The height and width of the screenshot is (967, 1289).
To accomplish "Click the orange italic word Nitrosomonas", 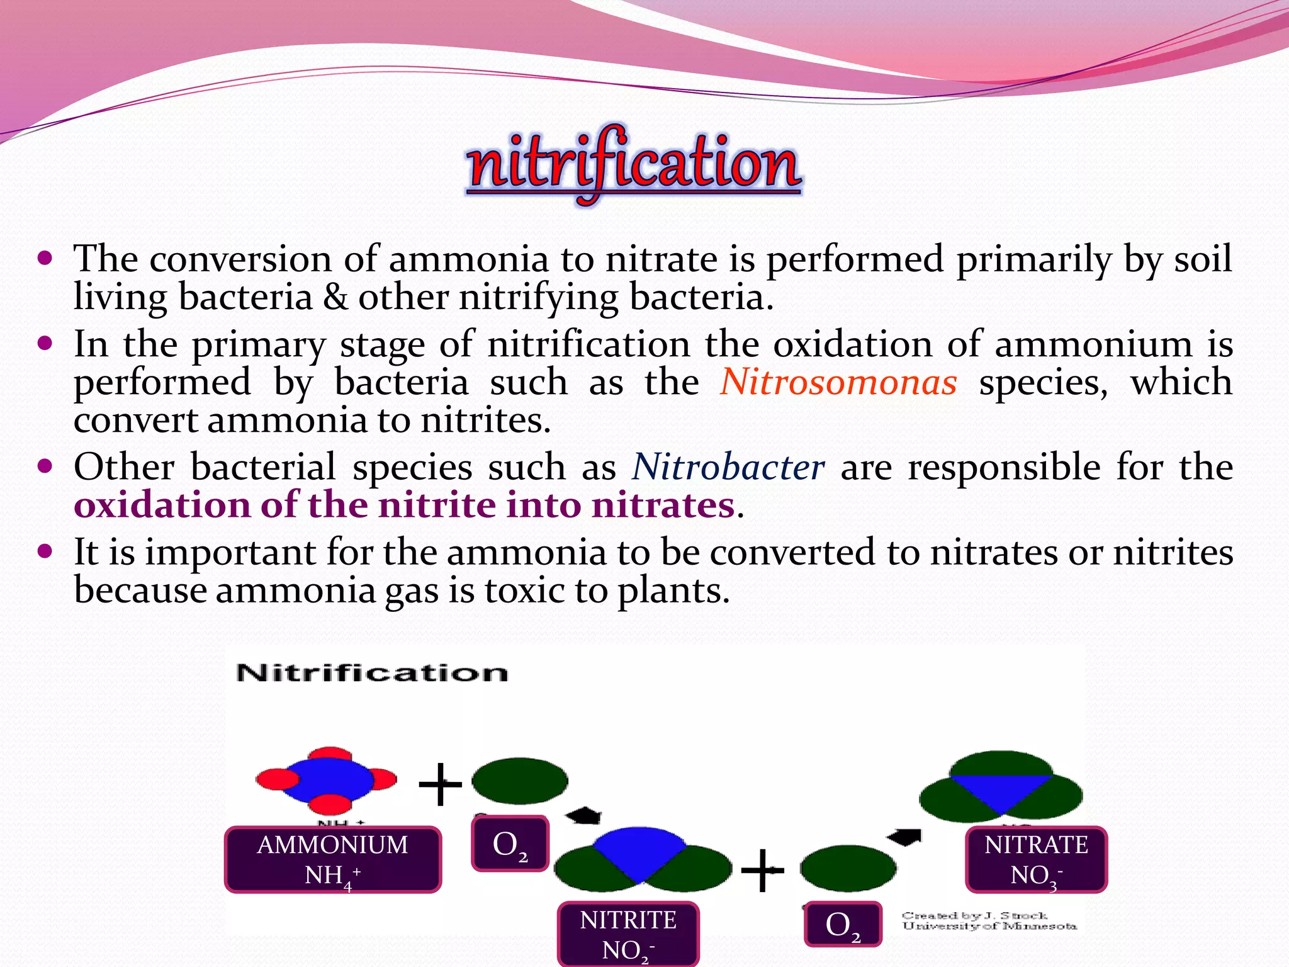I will pyautogui.click(x=838, y=382).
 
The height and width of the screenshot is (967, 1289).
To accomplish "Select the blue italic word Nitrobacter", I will pyautogui.click(x=728, y=467).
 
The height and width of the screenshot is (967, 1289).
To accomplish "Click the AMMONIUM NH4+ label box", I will pyautogui.click(x=333, y=859).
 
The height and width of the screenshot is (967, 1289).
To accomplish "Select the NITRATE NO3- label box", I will pyautogui.click(x=1036, y=859).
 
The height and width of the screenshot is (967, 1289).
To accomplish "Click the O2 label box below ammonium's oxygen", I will pyautogui.click(x=510, y=844).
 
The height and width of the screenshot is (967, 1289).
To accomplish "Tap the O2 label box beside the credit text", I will pyautogui.click(x=843, y=924).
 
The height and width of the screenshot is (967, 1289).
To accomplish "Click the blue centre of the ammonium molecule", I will pyautogui.click(x=330, y=779).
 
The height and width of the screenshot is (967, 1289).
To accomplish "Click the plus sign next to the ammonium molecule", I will pyautogui.click(x=440, y=784).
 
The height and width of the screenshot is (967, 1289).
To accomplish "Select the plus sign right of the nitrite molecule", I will pyautogui.click(x=762, y=870).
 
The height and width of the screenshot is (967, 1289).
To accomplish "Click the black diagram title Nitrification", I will pyautogui.click(x=372, y=673).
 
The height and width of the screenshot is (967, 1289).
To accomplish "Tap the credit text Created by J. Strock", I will pyautogui.click(x=974, y=915).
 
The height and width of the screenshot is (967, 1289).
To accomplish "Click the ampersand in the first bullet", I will pyautogui.click(x=335, y=297).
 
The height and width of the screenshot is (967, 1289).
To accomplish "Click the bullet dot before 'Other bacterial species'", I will pyautogui.click(x=45, y=467).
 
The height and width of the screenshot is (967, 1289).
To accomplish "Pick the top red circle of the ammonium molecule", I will pyautogui.click(x=330, y=754).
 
